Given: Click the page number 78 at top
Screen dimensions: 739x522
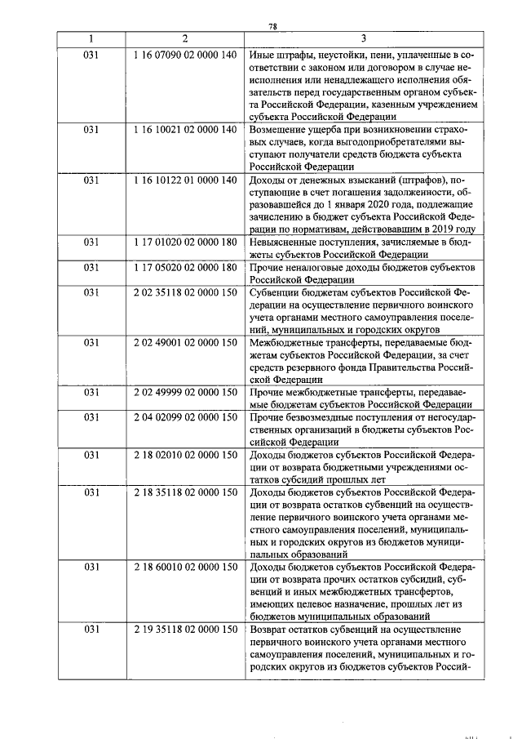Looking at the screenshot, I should [x=273, y=26].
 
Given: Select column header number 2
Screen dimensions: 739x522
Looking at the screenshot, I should [x=185, y=39].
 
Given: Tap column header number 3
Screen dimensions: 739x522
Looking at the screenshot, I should [x=363, y=39].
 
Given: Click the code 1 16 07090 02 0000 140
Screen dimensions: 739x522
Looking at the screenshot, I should [x=185, y=55].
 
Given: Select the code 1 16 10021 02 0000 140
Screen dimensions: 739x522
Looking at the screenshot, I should [x=185, y=129].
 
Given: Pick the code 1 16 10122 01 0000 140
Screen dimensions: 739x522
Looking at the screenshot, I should [x=185, y=179].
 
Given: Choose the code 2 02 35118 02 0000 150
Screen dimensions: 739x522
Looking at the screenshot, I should [x=185, y=292].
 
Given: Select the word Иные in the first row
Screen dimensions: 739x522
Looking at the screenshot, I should [x=263, y=55].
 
